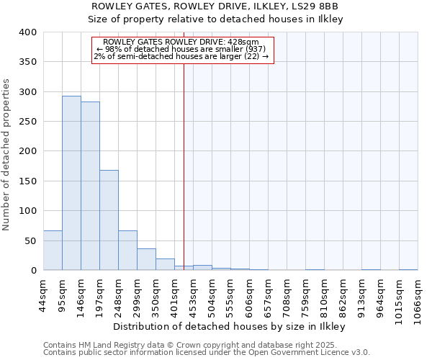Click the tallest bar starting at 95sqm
(71, 183)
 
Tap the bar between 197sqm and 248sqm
(109, 220)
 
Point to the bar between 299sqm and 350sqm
(146, 259)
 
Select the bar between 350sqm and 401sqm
(165, 264)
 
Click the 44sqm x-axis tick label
(43, 295)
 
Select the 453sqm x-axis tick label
(193, 295)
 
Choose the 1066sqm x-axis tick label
(418, 298)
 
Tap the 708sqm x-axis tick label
(287, 295)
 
